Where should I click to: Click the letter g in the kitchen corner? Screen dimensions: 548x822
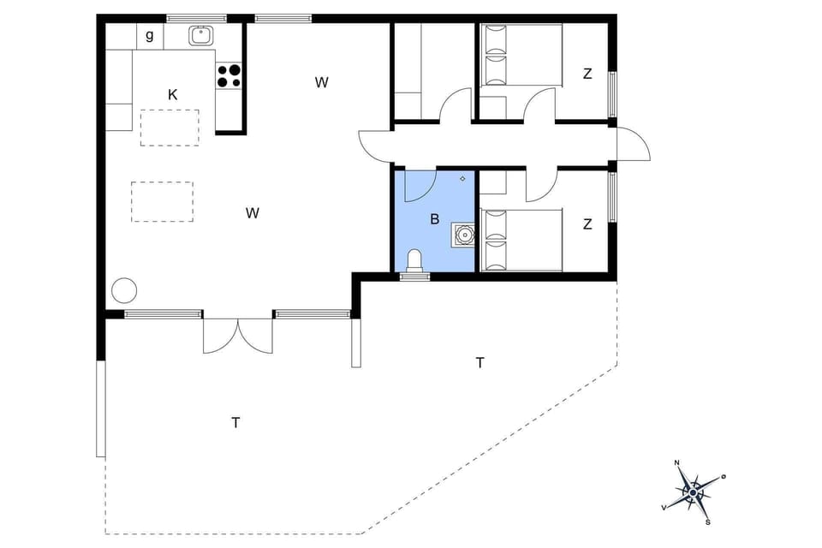point(150,36)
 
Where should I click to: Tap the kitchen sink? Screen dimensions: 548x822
point(201,36)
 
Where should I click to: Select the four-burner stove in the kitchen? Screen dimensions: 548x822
point(229,76)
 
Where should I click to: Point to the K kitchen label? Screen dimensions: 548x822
point(172,94)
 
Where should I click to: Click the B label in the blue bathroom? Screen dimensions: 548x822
point(434,219)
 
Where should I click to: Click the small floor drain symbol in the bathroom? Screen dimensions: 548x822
point(462,178)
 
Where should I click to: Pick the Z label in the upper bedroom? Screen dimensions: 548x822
point(587,74)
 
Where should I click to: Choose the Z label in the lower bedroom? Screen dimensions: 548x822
point(587,224)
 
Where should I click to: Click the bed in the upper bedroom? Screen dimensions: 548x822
point(521,56)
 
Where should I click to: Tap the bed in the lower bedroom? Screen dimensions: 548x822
point(521,240)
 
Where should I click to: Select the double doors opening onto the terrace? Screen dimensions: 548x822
point(238,335)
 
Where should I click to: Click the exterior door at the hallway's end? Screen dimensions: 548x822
point(633,145)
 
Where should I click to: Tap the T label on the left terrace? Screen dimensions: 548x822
point(235,422)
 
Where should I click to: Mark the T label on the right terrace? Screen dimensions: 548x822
point(479,363)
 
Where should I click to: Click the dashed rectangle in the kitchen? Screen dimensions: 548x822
point(170,128)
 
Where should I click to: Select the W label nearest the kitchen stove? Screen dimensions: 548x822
point(321,82)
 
